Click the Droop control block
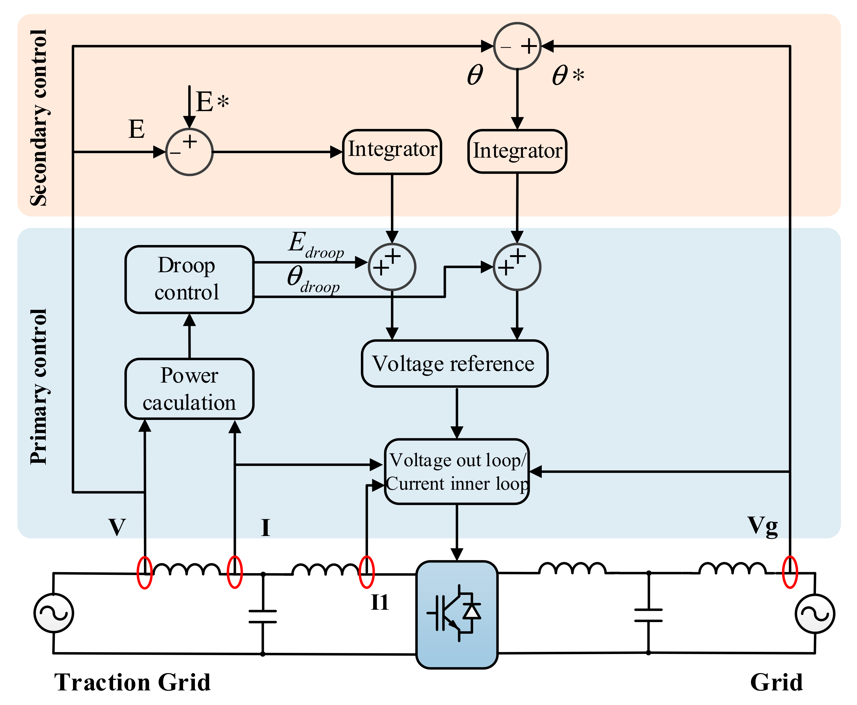click(x=189, y=279)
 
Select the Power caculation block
click(x=189, y=389)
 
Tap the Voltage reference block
click(x=454, y=364)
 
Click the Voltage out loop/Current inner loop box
click(x=457, y=471)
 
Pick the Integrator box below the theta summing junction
click(x=517, y=151)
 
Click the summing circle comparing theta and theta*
click(x=517, y=46)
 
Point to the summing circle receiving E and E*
click(x=189, y=152)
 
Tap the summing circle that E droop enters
click(x=392, y=267)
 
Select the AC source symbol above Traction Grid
click(x=54, y=613)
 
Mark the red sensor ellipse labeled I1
click(x=367, y=572)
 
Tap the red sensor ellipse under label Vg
click(x=790, y=572)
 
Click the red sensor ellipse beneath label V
click(x=144, y=572)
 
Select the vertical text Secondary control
click(x=39, y=118)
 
